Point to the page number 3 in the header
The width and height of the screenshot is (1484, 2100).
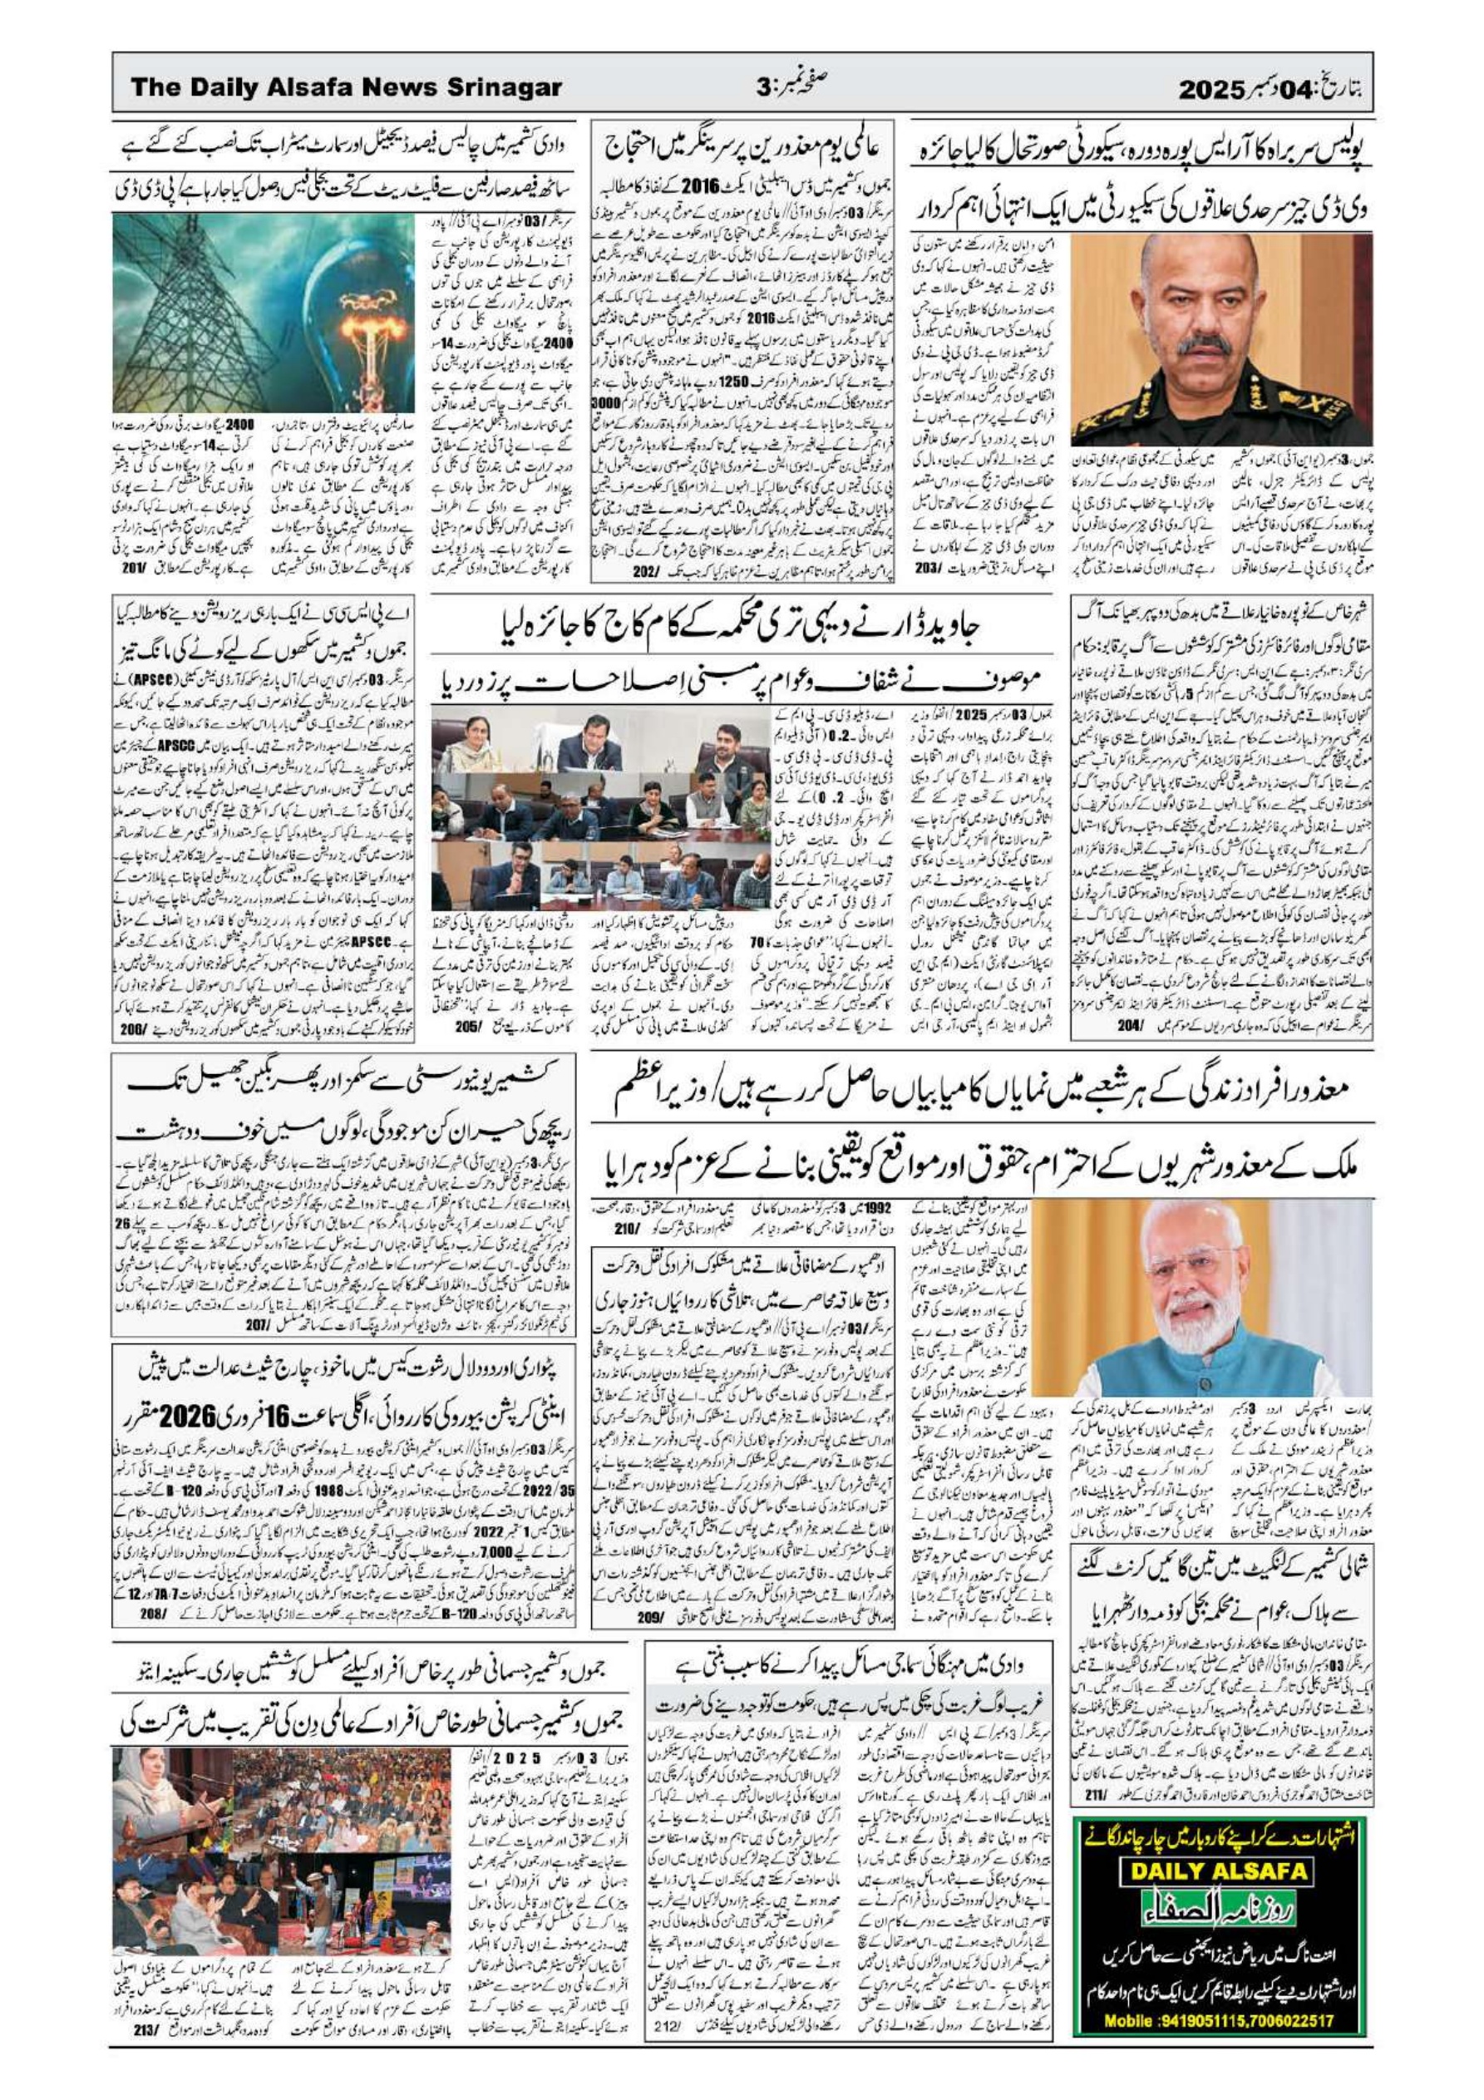tap(765, 89)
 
